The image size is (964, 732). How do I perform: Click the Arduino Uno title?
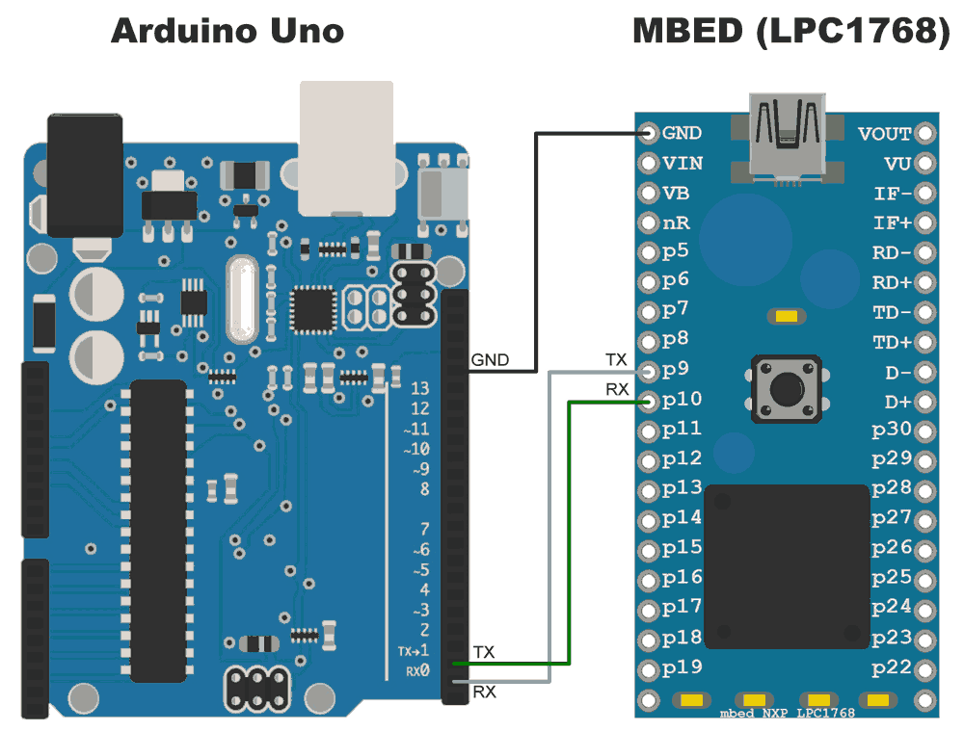[x=228, y=31]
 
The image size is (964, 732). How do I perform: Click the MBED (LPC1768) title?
[x=790, y=31]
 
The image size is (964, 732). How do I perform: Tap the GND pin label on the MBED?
[x=683, y=133]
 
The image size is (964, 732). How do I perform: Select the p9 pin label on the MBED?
[x=676, y=370]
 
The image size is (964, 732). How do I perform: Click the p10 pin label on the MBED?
[x=683, y=400]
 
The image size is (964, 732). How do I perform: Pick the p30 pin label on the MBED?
[x=892, y=430]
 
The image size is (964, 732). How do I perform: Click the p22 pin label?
[x=892, y=667]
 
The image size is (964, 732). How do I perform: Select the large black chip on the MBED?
[x=787, y=565]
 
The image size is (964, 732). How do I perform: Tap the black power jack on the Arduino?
[x=84, y=173]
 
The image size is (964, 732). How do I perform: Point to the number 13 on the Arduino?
[x=419, y=389]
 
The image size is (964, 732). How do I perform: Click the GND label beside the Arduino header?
[x=490, y=361]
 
